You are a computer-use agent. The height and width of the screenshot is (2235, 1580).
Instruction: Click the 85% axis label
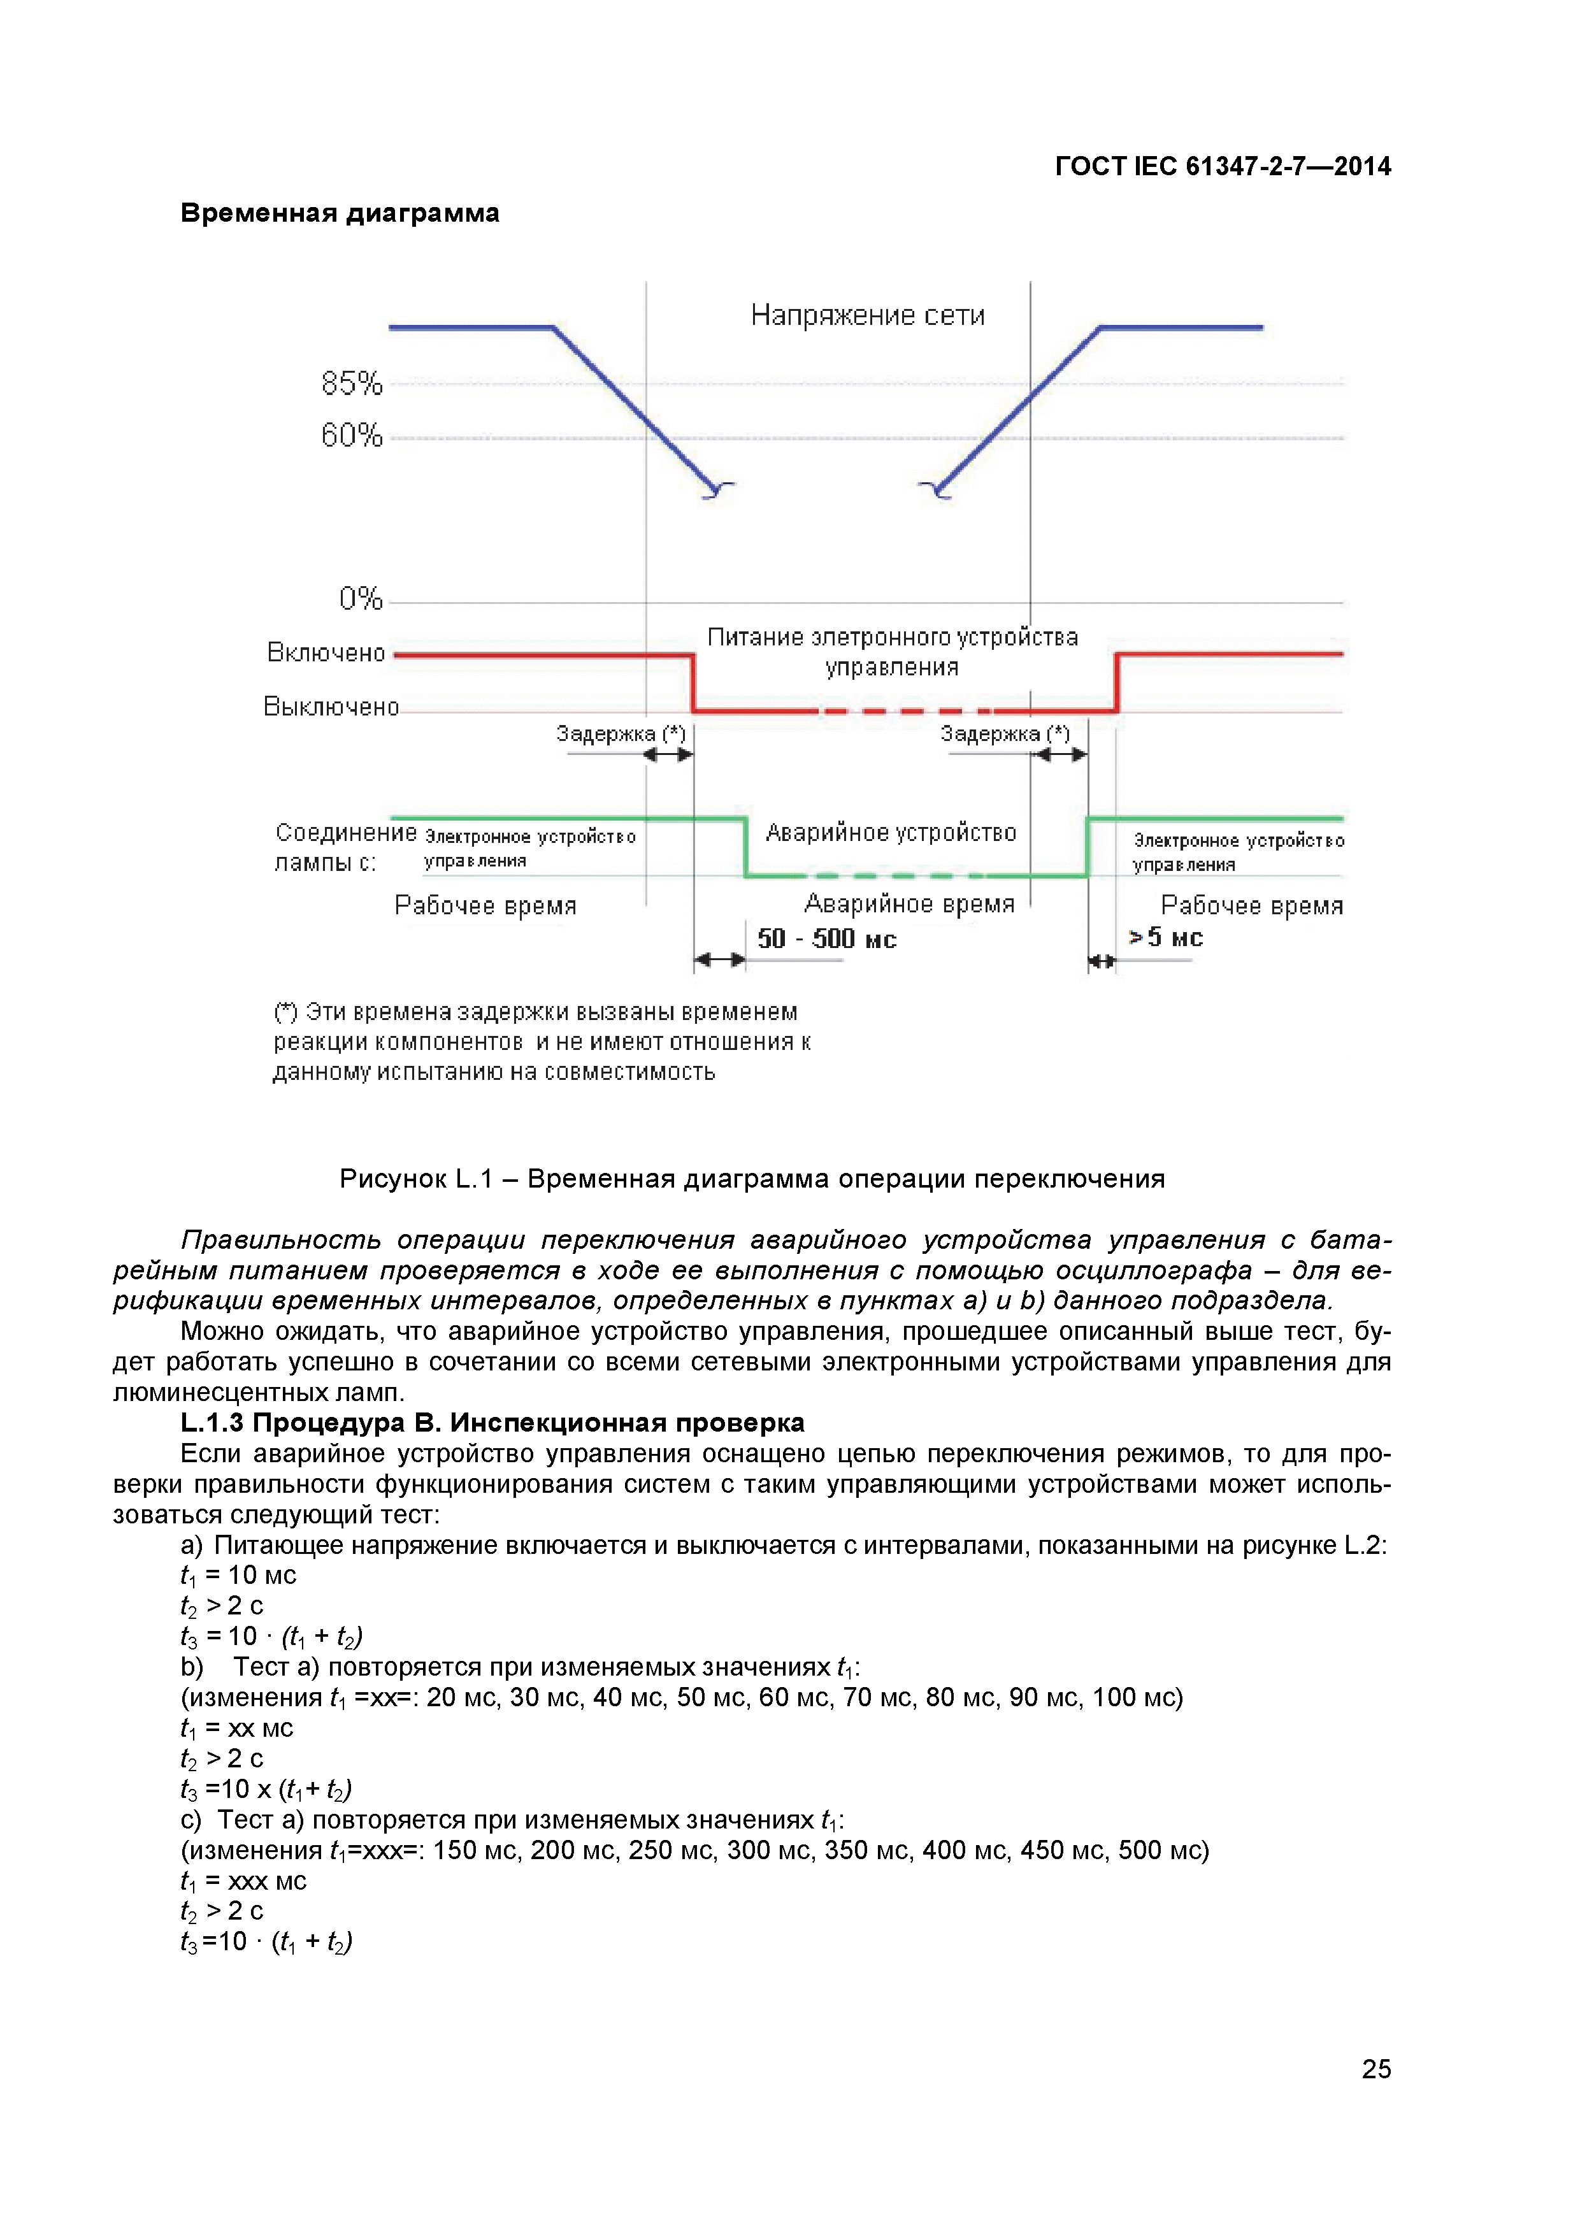(x=352, y=384)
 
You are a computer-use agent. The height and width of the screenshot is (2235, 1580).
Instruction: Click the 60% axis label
(x=352, y=435)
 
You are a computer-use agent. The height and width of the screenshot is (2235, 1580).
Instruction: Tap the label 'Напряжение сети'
(x=867, y=315)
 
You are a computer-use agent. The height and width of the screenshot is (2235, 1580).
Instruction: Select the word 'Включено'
(x=326, y=653)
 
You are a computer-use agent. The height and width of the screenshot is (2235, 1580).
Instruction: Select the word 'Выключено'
(x=331, y=707)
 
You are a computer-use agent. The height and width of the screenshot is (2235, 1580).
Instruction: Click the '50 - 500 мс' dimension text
(x=826, y=938)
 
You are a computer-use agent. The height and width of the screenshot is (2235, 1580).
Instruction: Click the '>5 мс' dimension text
(x=1165, y=937)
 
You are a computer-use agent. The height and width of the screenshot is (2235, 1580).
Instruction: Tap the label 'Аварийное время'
(x=909, y=904)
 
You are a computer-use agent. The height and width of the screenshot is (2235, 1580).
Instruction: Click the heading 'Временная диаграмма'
(x=340, y=213)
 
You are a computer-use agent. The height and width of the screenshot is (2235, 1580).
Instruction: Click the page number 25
(x=1375, y=2069)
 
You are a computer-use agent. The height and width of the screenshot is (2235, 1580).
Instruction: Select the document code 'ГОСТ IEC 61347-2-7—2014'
(x=1223, y=166)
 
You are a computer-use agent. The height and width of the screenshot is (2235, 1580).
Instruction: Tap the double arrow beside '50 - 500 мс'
(x=719, y=959)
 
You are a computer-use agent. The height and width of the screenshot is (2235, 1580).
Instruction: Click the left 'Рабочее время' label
(x=485, y=906)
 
